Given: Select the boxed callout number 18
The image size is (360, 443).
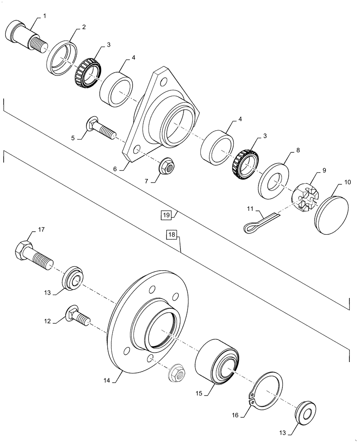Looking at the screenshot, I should click(172, 234).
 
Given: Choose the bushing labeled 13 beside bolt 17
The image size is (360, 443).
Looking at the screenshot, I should click(73, 278).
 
